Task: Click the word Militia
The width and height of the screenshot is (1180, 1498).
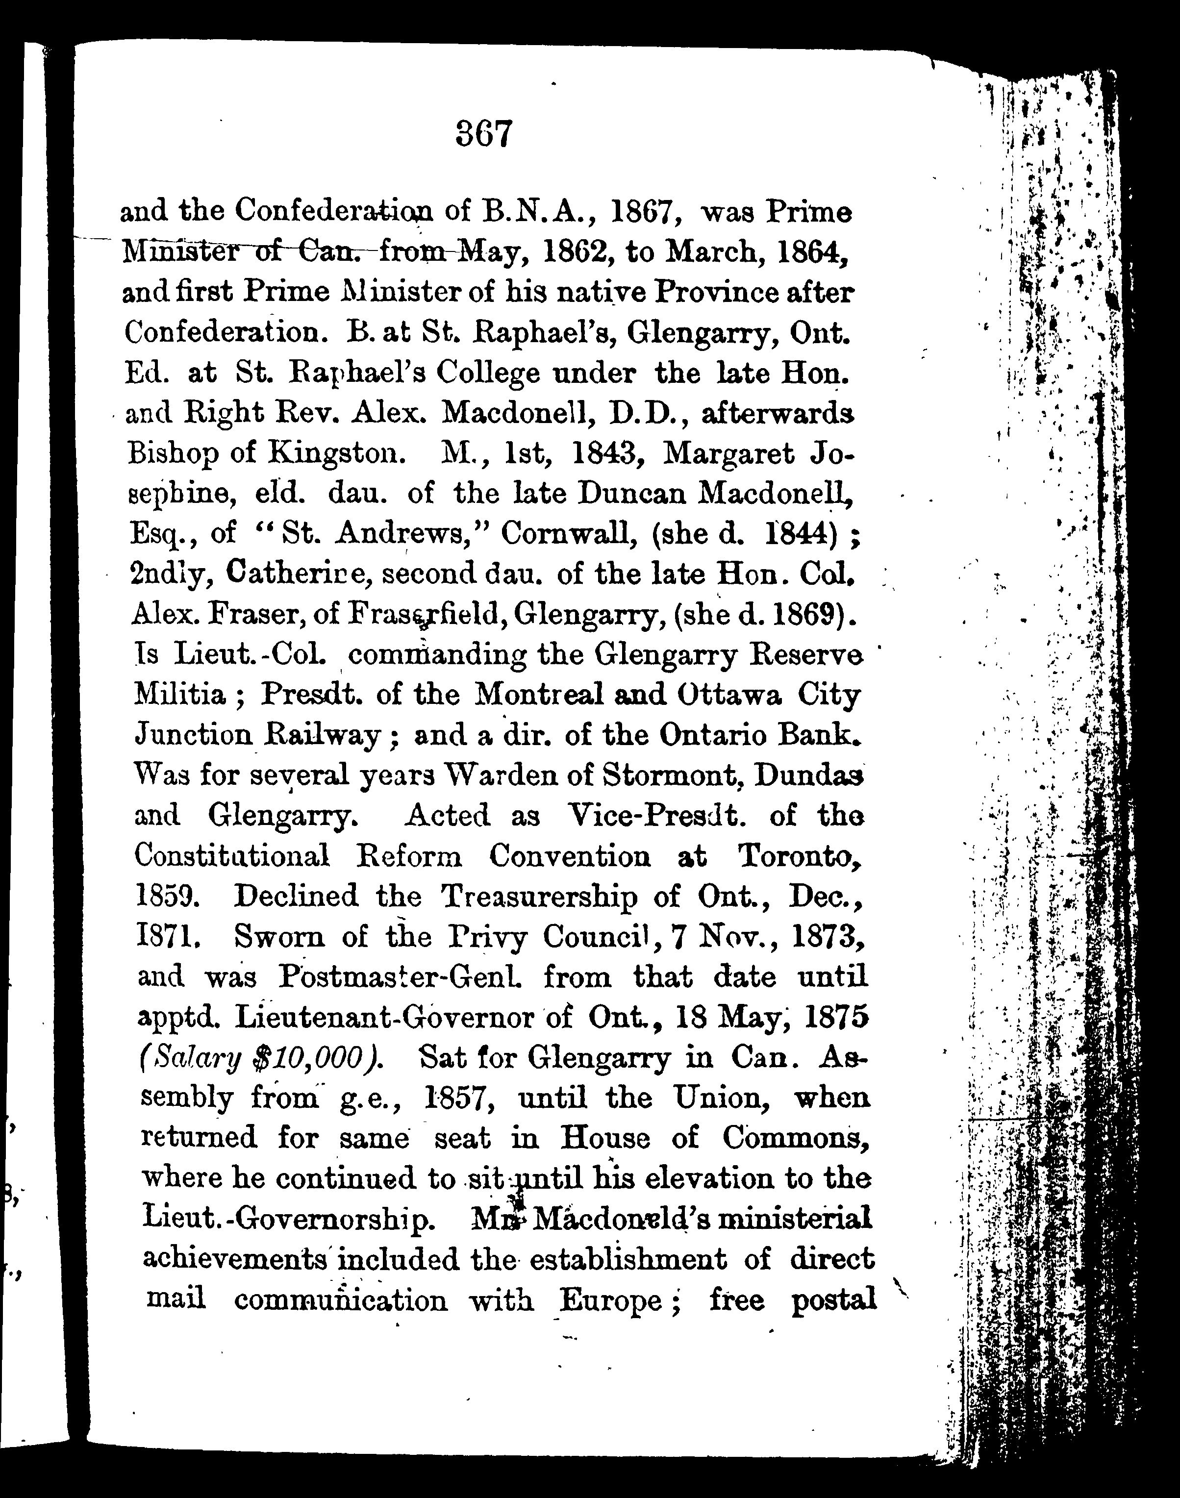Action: click(179, 695)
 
